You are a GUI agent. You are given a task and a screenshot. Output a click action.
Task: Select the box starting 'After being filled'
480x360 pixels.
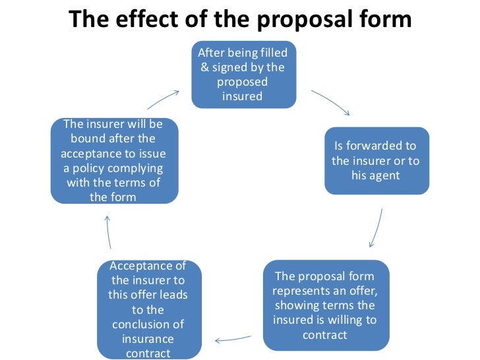pos(244,74)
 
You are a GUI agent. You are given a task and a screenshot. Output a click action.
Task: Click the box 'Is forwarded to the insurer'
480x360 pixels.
pos(376,161)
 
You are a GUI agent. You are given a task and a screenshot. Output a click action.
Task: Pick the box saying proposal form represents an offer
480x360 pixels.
pos(324,305)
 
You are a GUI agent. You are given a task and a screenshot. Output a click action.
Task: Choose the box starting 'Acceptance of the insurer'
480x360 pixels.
pos(148,309)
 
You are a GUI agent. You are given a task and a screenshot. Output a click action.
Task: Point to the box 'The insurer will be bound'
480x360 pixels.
pos(115,161)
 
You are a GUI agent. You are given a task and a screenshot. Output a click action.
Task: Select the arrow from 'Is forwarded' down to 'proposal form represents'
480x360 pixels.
pos(376,228)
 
